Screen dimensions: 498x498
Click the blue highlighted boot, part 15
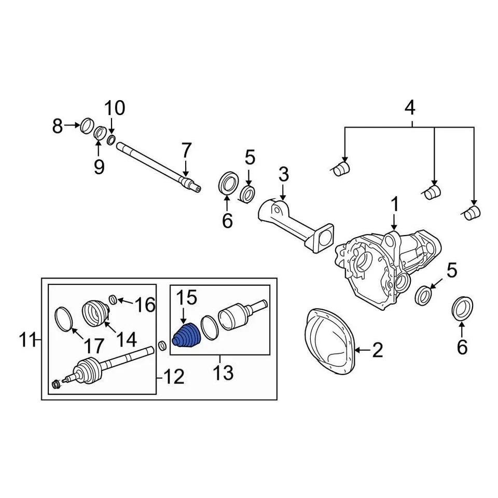coord(187,336)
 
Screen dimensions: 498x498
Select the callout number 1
coord(395,205)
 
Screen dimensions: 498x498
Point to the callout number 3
coord(283,175)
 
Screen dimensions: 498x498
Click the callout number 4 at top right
coord(410,108)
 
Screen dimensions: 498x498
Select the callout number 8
coord(58,125)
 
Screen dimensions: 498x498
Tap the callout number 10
coord(115,108)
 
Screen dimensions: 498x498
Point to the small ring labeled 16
coord(113,299)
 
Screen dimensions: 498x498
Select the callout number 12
coord(174,377)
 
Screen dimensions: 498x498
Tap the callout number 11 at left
coord(26,341)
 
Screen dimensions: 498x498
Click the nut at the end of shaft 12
coord(57,384)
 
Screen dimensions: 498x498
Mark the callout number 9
coord(99,167)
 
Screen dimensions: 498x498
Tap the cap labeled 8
coord(86,126)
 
